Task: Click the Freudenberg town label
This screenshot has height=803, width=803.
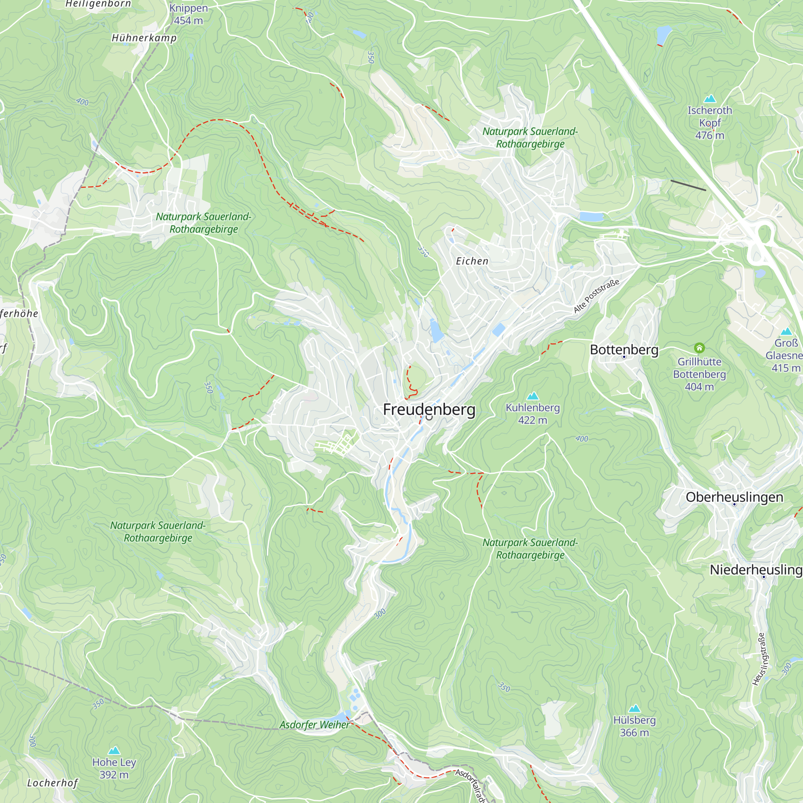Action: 429,410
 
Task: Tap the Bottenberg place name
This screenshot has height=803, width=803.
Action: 624,350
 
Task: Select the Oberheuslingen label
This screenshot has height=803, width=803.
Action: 734,497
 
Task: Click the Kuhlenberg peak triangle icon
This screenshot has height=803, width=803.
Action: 532,396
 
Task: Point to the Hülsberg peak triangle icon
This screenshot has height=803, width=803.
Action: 634,709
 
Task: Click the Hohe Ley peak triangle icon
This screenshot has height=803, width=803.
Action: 114,751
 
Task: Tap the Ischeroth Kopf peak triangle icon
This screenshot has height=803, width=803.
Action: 710,99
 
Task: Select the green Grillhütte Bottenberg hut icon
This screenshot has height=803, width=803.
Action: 699,347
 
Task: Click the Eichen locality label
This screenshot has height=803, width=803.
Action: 472,261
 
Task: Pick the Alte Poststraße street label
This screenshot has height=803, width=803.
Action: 597,296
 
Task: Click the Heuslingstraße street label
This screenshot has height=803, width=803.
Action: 760,659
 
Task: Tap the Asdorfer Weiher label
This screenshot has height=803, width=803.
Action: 314,725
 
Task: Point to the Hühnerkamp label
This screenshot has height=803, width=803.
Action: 144,38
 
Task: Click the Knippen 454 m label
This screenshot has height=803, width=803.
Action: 188,14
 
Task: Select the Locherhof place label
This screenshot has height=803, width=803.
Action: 52,783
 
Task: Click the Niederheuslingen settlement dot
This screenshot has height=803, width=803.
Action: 764,577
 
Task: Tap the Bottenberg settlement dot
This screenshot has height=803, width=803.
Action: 624,357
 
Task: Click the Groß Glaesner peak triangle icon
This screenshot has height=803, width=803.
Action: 786,332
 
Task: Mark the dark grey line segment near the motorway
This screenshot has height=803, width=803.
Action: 688,185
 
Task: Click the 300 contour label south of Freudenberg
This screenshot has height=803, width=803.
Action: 380,613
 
